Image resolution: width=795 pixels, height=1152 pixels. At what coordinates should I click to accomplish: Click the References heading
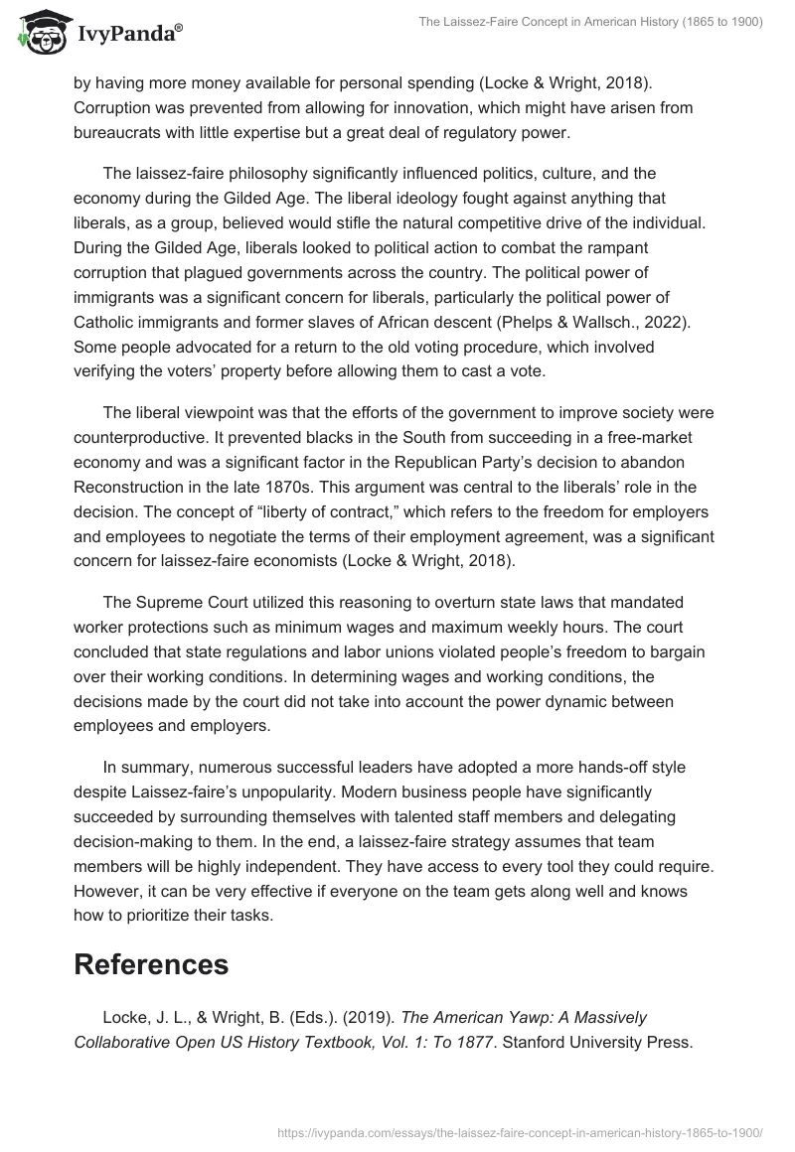(151, 963)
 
